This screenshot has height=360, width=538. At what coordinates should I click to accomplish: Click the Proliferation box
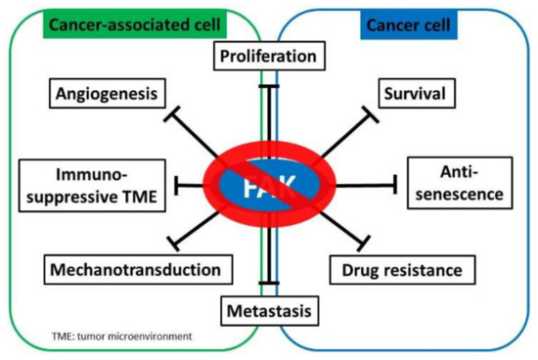267,58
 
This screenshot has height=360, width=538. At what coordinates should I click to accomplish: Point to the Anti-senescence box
457,183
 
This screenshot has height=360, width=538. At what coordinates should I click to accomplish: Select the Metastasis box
267,312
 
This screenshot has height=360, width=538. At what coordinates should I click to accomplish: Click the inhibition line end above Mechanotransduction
177,240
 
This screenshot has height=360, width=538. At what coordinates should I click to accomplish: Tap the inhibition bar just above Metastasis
267,285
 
